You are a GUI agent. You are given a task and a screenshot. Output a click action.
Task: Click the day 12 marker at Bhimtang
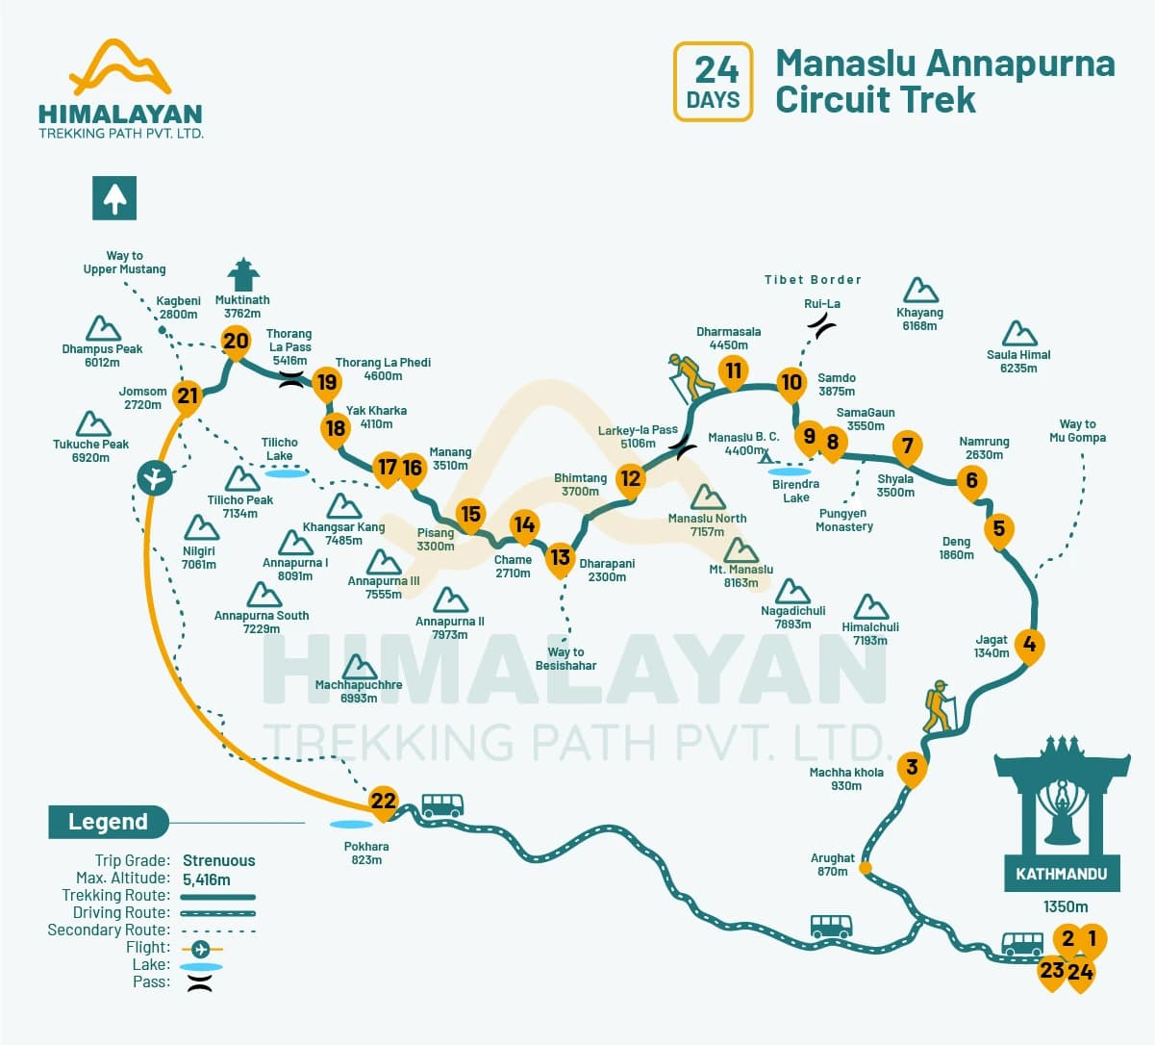tap(630, 478)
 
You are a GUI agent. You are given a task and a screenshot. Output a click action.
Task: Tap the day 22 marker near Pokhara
tap(384, 801)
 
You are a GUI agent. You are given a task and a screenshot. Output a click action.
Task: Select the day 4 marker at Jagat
tap(1030, 644)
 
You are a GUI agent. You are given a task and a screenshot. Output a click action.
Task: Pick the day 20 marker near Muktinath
tap(236, 340)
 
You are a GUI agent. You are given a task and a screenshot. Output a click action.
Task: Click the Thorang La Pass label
tap(289, 346)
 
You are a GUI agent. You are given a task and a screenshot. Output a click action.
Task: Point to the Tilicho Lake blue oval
tap(287, 473)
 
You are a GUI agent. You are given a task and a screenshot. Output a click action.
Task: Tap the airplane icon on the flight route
tap(154, 476)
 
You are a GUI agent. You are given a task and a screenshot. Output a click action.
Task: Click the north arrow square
tap(114, 198)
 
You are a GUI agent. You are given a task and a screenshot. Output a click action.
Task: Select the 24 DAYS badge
tap(713, 82)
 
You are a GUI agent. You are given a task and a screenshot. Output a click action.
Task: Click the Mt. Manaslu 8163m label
tap(741, 575)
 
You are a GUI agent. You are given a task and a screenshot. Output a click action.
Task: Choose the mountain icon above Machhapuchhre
tap(359, 667)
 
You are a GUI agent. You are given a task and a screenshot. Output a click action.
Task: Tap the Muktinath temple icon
tap(242, 274)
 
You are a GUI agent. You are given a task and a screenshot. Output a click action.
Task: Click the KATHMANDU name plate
tap(1062, 874)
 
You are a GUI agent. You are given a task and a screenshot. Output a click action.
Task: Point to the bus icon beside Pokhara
tap(442, 805)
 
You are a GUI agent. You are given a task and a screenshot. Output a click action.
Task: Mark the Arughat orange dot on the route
tap(866, 868)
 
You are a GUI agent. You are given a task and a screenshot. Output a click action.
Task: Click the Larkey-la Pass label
tap(638, 437)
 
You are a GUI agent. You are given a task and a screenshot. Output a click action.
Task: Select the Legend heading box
tap(108, 822)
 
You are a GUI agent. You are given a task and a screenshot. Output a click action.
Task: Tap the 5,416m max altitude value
tap(207, 879)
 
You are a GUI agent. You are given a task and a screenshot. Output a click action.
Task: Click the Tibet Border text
tap(813, 280)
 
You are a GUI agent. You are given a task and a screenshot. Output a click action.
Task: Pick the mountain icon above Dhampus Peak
tap(103, 328)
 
